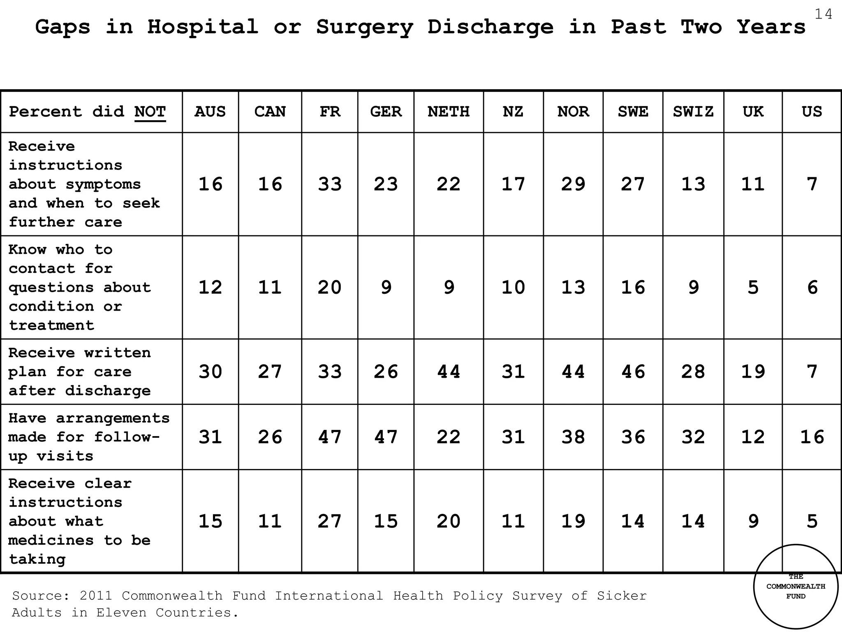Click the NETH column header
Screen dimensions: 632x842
(x=448, y=112)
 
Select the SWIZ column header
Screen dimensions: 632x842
(x=693, y=112)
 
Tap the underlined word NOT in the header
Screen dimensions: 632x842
(x=150, y=112)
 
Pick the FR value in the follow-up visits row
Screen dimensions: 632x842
(x=330, y=437)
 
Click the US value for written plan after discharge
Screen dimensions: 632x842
(x=812, y=372)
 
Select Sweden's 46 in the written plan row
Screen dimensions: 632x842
(x=633, y=372)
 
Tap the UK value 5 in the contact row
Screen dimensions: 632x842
(x=753, y=287)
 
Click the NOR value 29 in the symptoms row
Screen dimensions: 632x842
(x=573, y=184)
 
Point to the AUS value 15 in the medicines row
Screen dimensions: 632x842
(x=210, y=521)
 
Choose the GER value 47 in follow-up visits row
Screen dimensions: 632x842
(x=386, y=437)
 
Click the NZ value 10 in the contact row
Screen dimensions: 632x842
(x=513, y=287)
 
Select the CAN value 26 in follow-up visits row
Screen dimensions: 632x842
(x=270, y=437)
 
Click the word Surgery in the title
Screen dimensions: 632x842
(x=364, y=28)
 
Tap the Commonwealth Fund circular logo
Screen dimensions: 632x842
(x=796, y=587)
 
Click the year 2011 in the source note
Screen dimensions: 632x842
(x=96, y=596)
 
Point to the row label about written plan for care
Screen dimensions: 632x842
(x=80, y=372)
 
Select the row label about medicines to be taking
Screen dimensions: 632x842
(x=80, y=521)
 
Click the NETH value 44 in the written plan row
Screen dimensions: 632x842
(x=448, y=372)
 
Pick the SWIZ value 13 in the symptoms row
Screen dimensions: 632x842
(x=693, y=184)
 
